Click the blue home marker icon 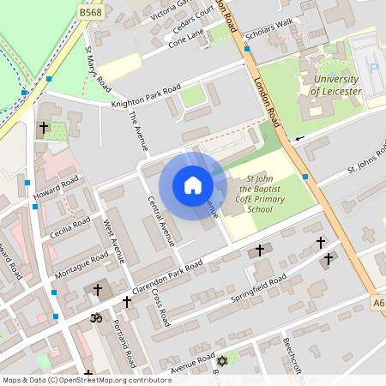192,185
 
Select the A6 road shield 378,303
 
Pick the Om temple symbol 96,317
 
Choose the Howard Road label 57,188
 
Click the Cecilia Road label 70,230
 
